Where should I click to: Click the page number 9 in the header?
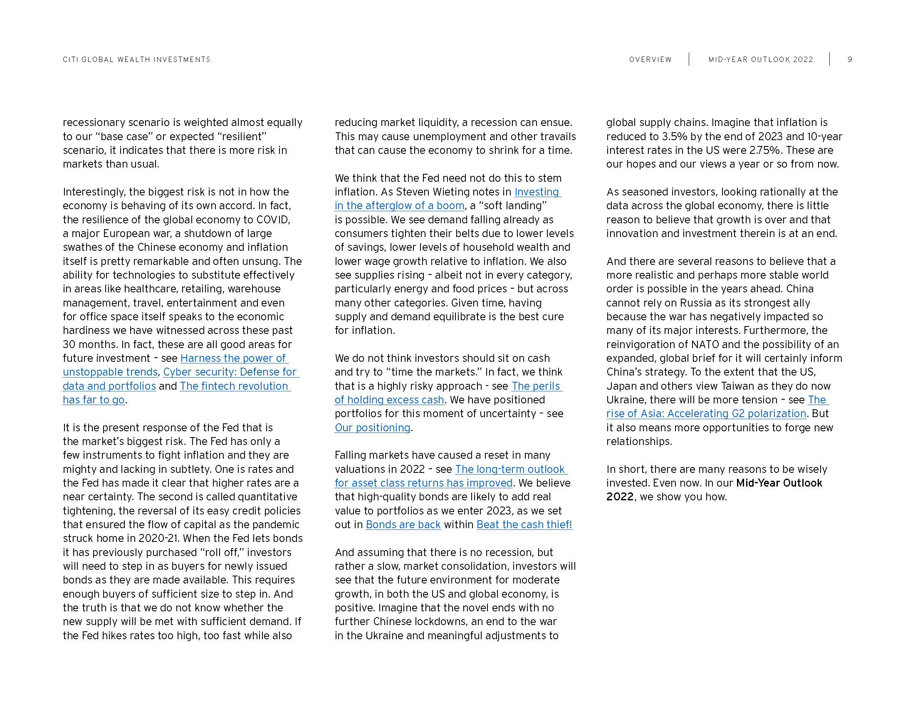850,59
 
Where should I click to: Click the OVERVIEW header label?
650,59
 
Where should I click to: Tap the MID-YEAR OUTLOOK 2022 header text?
760,59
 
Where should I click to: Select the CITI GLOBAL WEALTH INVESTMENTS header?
136,59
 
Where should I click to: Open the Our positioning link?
373,428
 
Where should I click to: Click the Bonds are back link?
403,525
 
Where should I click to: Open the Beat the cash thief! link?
524,525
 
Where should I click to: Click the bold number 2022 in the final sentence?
620,497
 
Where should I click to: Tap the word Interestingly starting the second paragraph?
94,192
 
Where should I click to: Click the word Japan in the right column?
621,386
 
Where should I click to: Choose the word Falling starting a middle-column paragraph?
351,455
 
